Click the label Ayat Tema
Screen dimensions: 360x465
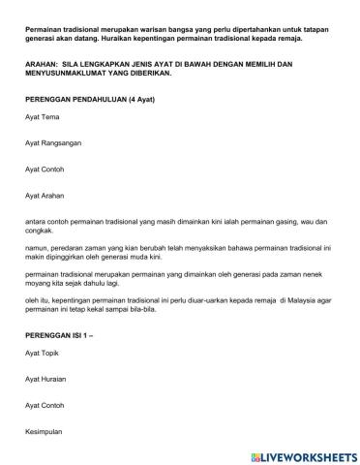(x=45, y=143)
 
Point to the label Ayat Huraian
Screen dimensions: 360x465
(x=48, y=380)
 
